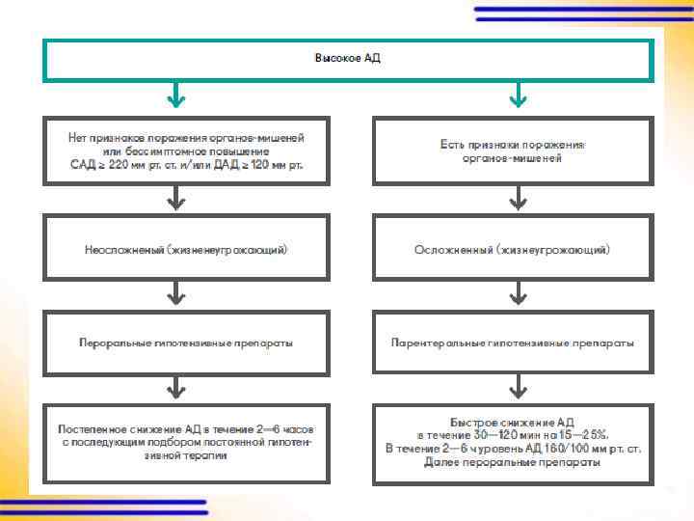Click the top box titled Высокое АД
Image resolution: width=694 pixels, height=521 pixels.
(x=347, y=60)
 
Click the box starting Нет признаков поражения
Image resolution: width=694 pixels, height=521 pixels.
(x=186, y=151)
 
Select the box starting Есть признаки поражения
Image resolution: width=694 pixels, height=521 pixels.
(x=513, y=151)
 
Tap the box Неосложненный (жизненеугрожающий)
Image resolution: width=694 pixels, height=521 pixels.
(x=186, y=249)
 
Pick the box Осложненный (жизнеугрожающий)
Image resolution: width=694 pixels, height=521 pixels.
(x=513, y=249)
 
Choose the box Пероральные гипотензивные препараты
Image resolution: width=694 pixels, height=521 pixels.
(x=186, y=343)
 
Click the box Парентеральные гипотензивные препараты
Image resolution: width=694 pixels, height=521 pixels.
(x=513, y=343)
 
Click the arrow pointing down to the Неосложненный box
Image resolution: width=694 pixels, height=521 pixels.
(x=175, y=200)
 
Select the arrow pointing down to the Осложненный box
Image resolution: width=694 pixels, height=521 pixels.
(x=519, y=200)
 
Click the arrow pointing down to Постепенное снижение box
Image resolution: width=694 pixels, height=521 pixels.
(x=175, y=389)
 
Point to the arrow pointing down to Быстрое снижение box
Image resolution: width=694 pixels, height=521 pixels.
(x=519, y=389)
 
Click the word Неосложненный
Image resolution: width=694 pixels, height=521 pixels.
(x=123, y=249)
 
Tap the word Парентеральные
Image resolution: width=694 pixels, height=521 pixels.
(x=431, y=343)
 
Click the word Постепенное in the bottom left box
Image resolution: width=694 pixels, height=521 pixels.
(x=89, y=427)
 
